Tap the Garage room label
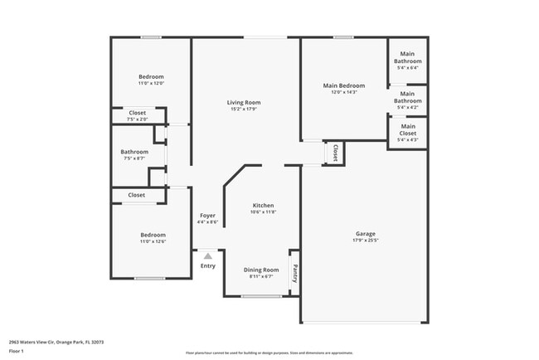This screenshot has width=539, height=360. pos(365,234)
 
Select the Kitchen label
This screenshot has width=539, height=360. pos(263,205)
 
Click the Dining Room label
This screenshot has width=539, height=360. pos(261,269)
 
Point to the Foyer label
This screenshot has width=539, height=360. pos(208,215)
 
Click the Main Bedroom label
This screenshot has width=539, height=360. pos(343,85)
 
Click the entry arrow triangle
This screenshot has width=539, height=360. pos(208,255)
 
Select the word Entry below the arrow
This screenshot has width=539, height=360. pos(208,265)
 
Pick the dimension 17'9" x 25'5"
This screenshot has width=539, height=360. pos(365,242)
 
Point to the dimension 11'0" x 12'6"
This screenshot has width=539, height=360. pos(152,241)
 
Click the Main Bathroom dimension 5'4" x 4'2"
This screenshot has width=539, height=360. pos(408,107)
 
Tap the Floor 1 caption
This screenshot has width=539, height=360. pos(17,350)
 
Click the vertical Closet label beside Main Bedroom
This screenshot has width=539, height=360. pos(335,153)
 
